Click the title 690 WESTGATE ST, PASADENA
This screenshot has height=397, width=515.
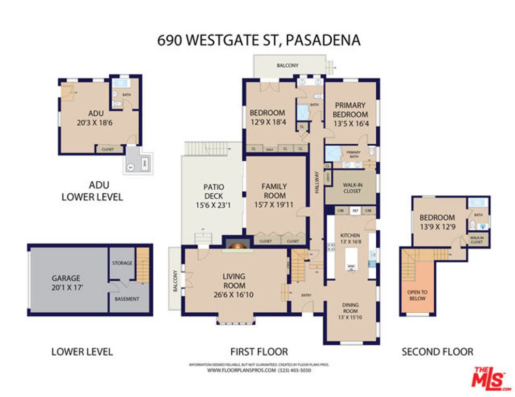pos(259,40)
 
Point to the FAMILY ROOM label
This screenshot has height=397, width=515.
pos(274,191)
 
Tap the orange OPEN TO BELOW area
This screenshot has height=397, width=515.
pos(417,295)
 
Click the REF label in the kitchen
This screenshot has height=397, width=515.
pos(356,211)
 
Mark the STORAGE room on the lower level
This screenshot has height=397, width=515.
pos(122,263)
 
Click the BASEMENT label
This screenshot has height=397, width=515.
pos(127,299)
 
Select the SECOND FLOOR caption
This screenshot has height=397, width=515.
pos(437,352)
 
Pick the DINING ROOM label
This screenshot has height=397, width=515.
pos(350,308)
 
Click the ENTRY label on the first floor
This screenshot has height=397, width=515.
pos(306,295)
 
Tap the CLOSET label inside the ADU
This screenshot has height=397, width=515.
pos(108,149)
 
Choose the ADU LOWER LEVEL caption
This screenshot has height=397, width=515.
pos(92,191)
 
